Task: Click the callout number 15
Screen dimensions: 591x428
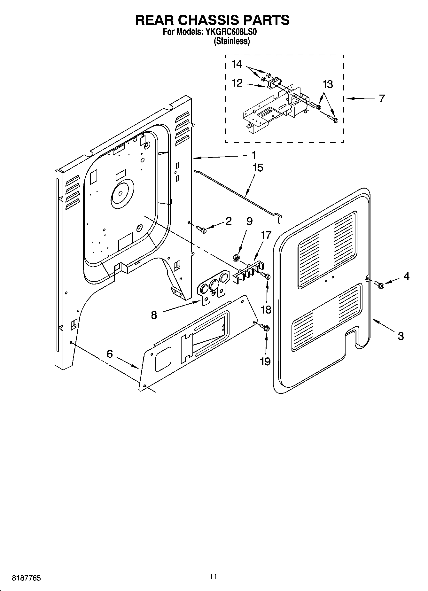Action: click(258, 168)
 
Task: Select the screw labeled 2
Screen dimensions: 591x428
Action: click(201, 229)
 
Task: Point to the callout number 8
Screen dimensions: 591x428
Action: click(154, 315)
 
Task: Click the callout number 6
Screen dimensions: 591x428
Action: click(110, 354)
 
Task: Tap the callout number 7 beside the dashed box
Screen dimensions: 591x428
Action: click(382, 98)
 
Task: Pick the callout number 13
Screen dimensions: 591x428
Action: click(328, 84)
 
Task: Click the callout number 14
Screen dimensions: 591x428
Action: click(237, 64)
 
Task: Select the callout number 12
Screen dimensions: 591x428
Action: click(237, 83)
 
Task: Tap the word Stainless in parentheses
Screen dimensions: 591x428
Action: click(232, 41)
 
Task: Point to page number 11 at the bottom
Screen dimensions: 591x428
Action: click(213, 576)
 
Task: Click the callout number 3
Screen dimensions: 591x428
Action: click(401, 336)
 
